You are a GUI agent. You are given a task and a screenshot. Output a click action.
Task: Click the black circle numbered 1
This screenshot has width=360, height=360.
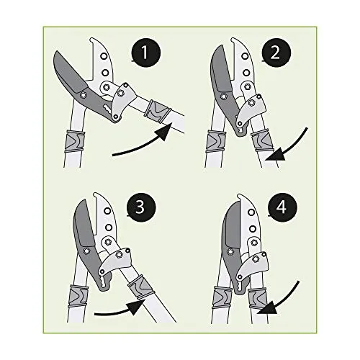145,53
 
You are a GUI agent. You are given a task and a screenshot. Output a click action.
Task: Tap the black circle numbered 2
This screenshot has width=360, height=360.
275,53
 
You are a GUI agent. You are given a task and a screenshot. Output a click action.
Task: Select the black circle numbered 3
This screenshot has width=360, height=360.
141,207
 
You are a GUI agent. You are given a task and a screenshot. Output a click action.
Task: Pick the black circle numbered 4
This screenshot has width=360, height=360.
282,207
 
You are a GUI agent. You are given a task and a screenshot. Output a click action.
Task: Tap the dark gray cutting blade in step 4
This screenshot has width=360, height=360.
233,225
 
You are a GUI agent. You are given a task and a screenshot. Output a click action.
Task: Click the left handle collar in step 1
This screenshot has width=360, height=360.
75,141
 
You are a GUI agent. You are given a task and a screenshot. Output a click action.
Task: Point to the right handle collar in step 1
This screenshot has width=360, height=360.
157,110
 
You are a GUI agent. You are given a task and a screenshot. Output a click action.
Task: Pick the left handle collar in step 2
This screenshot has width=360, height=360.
216,141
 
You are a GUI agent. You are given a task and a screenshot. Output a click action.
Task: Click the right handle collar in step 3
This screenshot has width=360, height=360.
140,288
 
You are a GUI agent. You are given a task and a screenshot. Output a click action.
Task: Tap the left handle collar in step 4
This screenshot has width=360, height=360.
222,297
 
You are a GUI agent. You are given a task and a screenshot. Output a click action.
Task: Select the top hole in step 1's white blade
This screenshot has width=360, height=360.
104,57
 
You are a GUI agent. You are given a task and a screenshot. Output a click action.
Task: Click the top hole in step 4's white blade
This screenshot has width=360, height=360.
251,212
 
